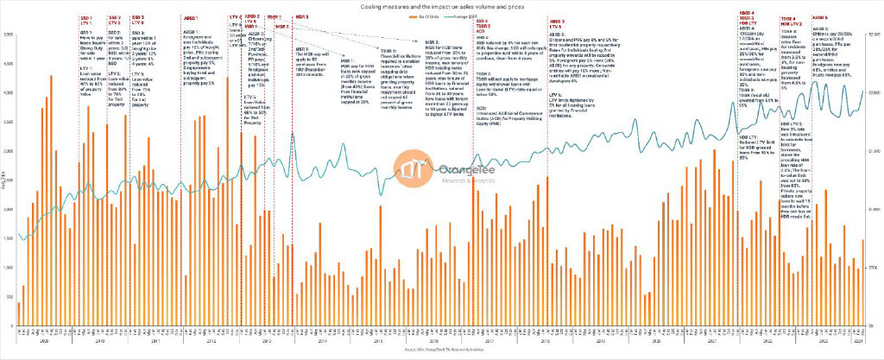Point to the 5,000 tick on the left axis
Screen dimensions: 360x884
(x=8, y=35)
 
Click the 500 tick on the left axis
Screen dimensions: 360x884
(x=9, y=297)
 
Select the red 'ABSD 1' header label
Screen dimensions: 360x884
(x=191, y=17)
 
